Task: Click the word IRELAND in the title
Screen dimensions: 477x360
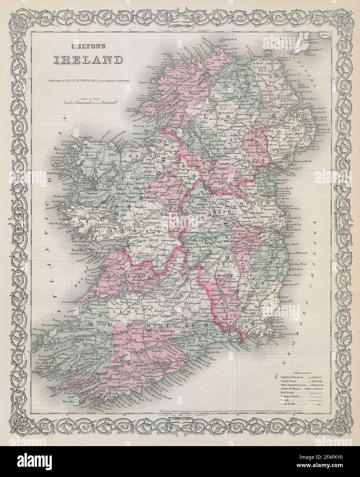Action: pos(89,59)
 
